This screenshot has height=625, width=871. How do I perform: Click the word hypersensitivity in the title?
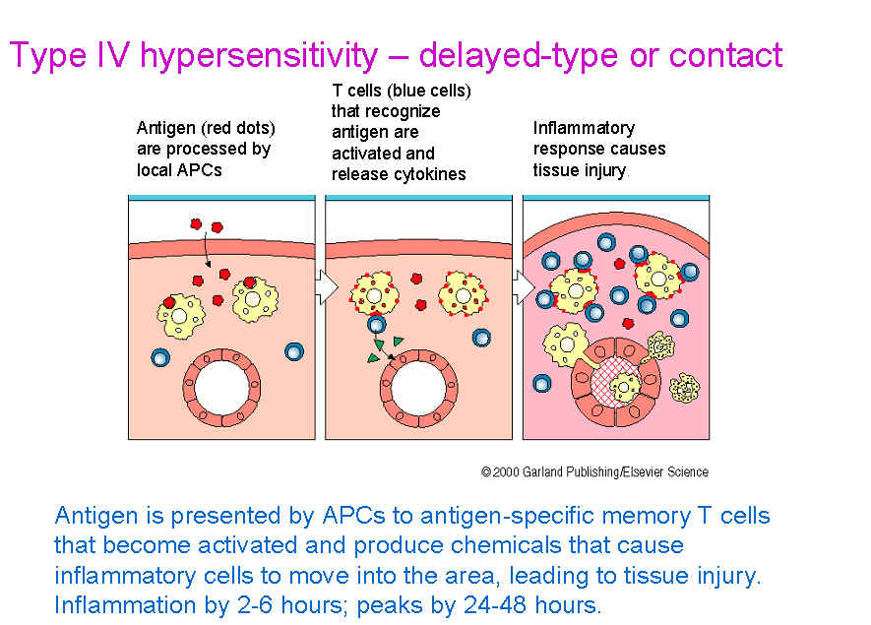point(259,57)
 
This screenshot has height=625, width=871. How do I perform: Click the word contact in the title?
point(725,55)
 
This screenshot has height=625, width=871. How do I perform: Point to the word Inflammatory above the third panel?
point(584,128)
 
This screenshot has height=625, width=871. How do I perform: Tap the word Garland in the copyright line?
point(542,472)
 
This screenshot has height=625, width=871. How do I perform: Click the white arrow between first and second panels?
point(327,287)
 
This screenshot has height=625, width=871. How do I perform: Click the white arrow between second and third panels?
point(524,287)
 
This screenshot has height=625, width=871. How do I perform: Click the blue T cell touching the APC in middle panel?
point(377,324)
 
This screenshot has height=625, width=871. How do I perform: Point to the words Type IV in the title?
point(70,55)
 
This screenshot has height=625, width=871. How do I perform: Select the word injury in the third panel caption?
point(602,170)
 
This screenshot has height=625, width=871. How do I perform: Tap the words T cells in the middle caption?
point(356,91)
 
